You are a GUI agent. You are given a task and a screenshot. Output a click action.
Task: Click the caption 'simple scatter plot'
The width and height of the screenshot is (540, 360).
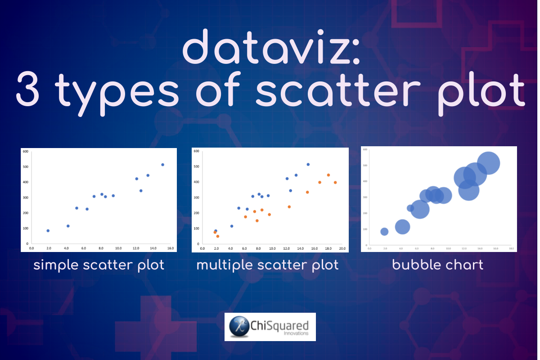tap(99, 265)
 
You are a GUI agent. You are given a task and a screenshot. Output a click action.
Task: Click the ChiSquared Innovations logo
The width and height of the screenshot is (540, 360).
tap(270, 327)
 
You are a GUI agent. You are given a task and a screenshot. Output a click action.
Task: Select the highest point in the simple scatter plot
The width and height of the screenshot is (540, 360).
tap(162, 165)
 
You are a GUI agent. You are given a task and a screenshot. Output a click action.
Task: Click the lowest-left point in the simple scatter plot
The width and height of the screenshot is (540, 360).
tap(48, 231)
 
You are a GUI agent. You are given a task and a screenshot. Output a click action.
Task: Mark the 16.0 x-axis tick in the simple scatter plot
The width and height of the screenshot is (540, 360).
tap(171, 248)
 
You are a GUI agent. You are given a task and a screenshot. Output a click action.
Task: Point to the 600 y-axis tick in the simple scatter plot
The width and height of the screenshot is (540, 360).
tap(26, 152)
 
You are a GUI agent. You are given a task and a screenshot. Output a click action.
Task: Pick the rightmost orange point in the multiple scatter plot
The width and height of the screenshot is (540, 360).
tap(335, 182)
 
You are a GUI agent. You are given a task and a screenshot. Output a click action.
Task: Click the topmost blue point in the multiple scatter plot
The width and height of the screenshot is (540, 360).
tap(308, 164)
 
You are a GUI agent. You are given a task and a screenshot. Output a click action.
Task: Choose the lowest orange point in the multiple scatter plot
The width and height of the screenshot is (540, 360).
tap(218, 236)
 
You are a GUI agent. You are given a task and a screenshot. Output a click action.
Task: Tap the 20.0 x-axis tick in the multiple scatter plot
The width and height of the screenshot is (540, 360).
tap(342, 248)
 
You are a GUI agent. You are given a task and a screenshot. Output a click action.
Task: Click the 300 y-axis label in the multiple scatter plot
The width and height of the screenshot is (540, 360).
tap(196, 198)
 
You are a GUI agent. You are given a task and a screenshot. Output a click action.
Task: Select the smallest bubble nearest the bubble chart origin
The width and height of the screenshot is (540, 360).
tap(384, 232)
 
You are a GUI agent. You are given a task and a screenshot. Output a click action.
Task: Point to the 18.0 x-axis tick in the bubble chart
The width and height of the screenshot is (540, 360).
tap(511, 248)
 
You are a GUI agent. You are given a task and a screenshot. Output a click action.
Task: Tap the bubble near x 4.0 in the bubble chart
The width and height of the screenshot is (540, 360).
tap(402, 227)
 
